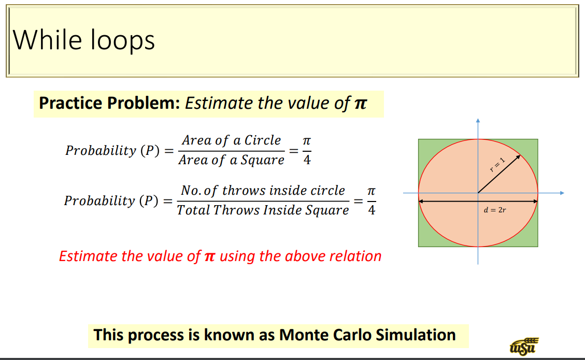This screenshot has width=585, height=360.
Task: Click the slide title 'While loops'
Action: click(83, 40)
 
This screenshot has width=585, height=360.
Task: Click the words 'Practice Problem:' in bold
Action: click(109, 103)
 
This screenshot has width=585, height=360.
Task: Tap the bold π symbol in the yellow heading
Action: click(360, 104)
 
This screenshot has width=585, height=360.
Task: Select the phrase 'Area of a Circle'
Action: click(231, 140)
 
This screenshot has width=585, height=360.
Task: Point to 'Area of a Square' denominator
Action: click(231, 160)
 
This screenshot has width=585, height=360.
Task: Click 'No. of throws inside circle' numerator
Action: click(263, 191)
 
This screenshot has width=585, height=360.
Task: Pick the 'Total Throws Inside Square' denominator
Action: click(263, 210)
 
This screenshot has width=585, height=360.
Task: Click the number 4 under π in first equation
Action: click(307, 161)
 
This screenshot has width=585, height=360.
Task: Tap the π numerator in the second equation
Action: click(371, 191)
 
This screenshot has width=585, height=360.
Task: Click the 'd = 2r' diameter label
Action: click(494, 211)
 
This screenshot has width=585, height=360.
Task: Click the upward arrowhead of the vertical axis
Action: click(478, 121)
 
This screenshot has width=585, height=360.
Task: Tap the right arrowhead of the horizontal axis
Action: click(561, 193)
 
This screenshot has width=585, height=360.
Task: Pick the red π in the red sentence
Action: click(210, 256)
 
